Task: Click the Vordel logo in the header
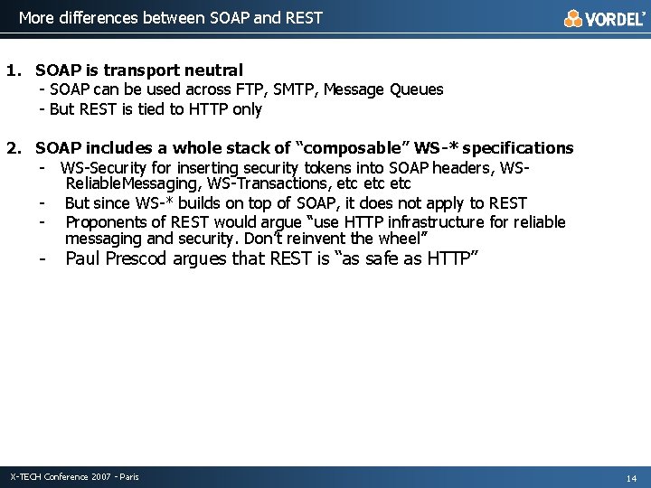pos(605,18)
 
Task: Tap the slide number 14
pos(631,477)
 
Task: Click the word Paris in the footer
pos(128,476)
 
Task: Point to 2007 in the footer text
pos(102,476)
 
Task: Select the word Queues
pos(417,89)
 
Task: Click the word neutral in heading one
pos(214,70)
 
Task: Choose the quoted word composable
pos(349,148)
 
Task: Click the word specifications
pos(518,148)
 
